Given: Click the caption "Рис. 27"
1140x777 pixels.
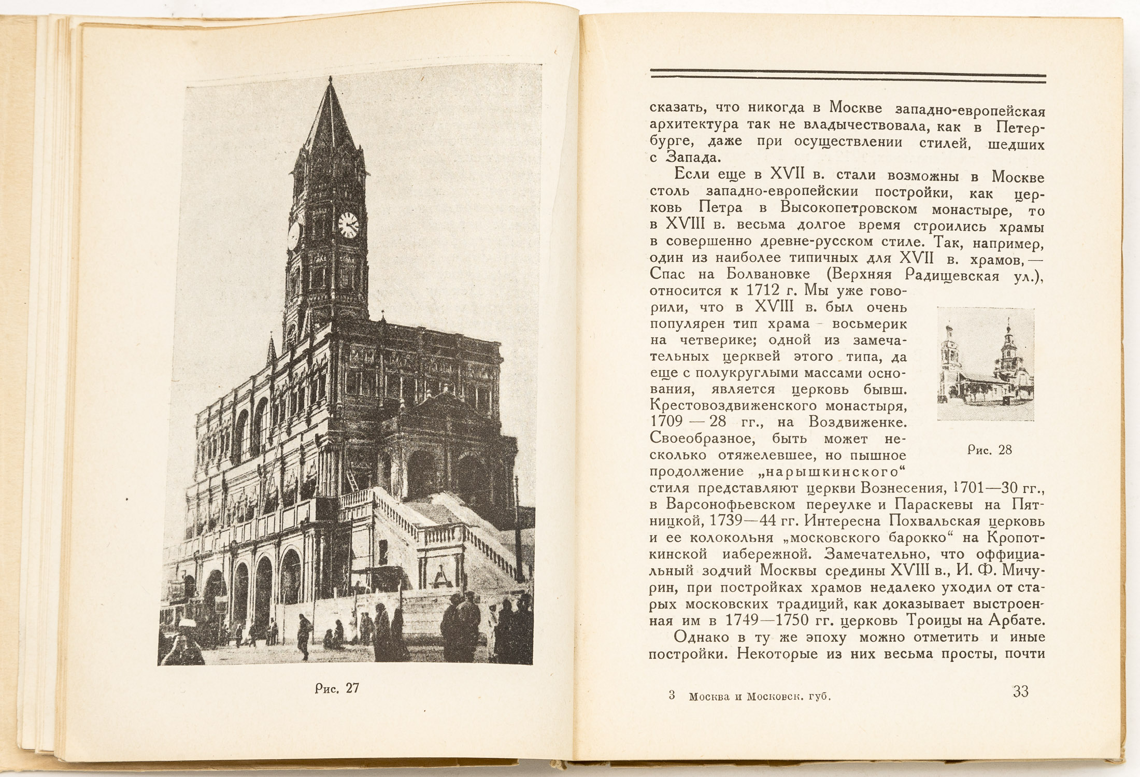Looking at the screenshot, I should coord(337,688).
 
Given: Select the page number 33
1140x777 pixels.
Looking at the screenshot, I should coord(1020,691).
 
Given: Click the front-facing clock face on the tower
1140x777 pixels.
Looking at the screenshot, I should coord(348,224).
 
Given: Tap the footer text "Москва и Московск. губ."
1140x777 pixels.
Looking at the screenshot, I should coord(760,697).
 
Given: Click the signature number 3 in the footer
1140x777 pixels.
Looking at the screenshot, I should coord(672,696).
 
